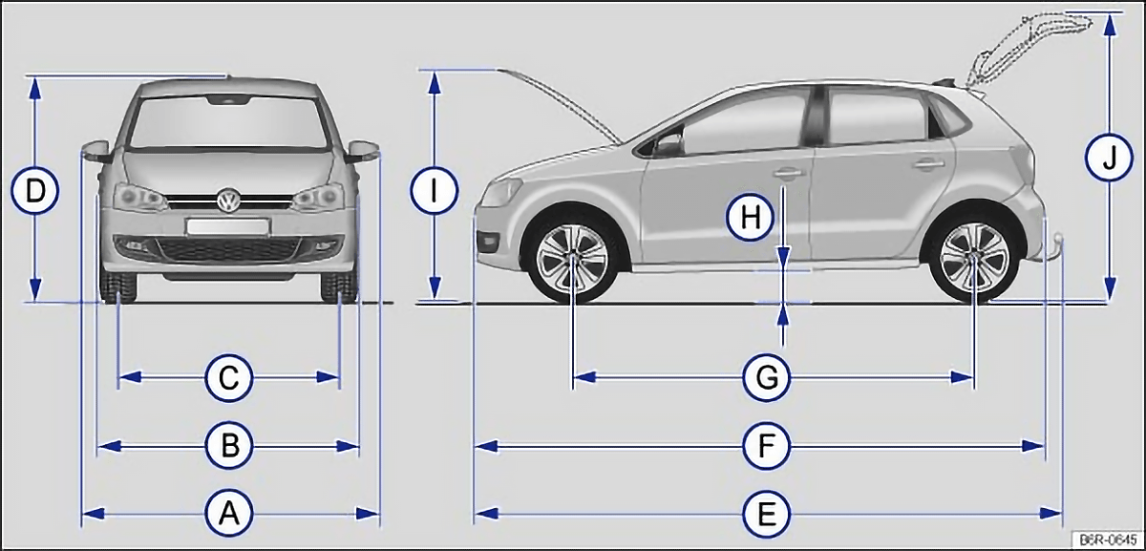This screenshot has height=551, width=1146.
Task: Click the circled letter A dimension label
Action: pos(229,513)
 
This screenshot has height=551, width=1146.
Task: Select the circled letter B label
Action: pos(230,446)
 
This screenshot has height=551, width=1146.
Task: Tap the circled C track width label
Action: pos(228,378)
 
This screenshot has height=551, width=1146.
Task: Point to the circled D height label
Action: pos(34,191)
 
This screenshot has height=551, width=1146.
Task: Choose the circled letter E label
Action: pos(766,513)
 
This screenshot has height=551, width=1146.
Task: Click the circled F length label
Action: pos(766,446)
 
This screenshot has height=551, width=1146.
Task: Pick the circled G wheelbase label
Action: pos(766,378)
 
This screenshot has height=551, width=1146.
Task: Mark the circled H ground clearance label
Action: pos(750,218)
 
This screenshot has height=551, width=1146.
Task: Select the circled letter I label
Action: pos(434,191)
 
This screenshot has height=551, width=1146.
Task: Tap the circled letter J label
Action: pos(1109,157)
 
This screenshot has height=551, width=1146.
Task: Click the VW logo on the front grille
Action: pos(228,200)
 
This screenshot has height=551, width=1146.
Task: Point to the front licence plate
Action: pos(227,227)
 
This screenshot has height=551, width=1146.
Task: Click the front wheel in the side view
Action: pos(572,256)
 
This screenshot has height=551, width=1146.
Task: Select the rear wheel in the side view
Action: pos(974,256)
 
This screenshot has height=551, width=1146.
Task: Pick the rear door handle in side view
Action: pos(928,164)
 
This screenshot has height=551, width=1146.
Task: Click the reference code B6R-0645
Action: pos(1108,540)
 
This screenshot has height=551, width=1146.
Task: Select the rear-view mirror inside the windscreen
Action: pos(228,99)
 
